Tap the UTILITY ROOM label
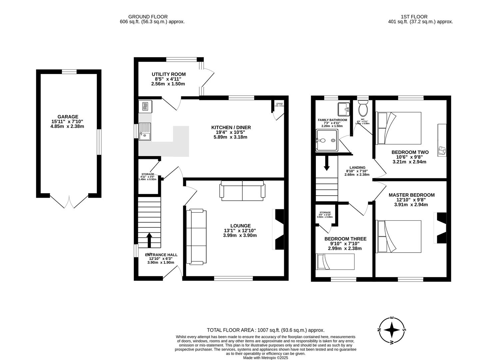pos(169,74)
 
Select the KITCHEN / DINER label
pos(231,127)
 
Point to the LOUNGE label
pos(240,226)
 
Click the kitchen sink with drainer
pos(145,131)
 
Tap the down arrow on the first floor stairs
pos(326,164)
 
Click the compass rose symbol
pos(392,330)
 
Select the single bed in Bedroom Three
pos(335,262)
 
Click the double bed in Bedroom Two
pos(399,128)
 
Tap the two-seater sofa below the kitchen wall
pos(242,191)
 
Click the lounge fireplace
pos(278,229)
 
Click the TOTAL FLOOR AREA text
pos(265,330)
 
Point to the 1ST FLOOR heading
pos(414,16)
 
